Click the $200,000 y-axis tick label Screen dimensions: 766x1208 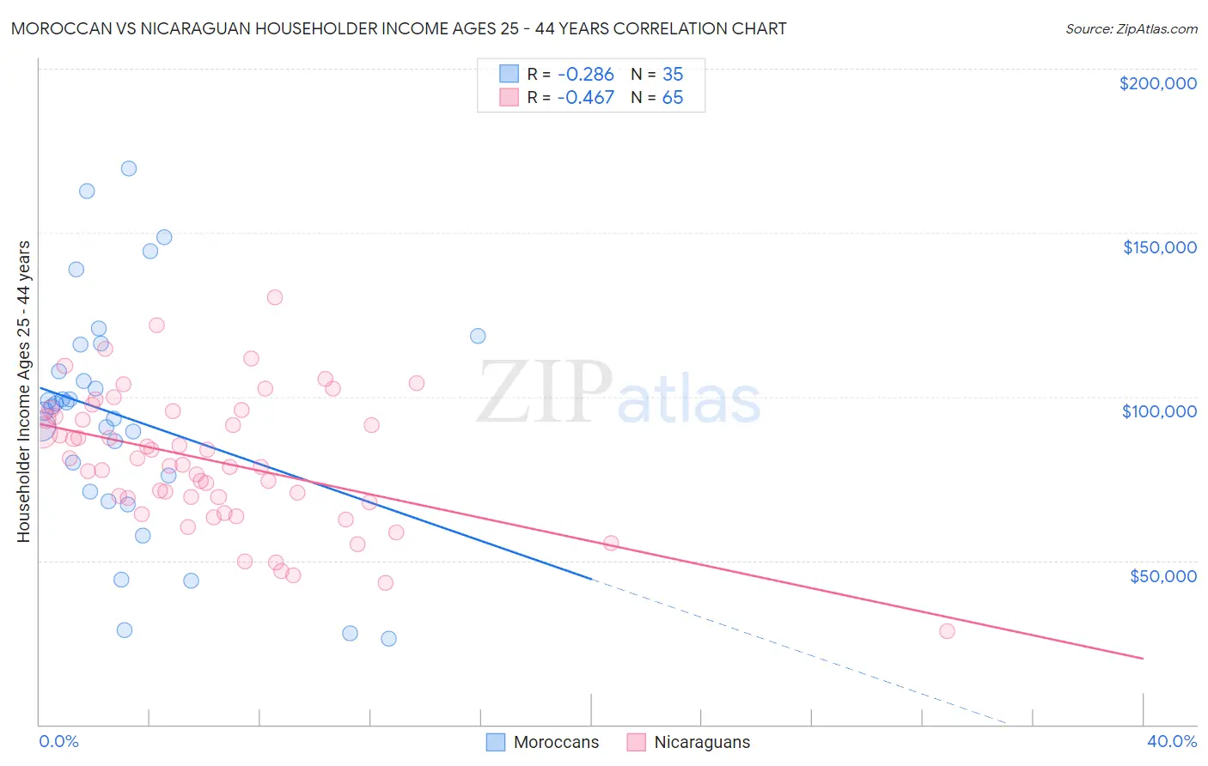point(1157,83)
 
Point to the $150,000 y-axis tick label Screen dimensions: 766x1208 point(1159,247)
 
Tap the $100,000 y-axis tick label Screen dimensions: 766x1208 point(1159,411)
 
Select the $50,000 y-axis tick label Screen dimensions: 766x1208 point(1162,575)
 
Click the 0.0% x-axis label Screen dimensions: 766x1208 point(58,741)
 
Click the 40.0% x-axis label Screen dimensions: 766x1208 point(1171,741)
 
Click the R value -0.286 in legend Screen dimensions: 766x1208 point(585,74)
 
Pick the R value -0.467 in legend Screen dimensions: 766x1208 point(585,97)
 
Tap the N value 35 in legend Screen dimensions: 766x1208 point(673,74)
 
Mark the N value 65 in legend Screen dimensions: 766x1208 point(673,97)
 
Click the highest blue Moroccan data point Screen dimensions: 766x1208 point(129,168)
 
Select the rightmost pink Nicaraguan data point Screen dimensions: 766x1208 point(947,631)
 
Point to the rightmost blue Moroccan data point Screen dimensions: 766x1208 point(478,336)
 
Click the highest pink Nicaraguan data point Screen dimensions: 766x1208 point(275,297)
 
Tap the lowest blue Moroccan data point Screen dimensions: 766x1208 point(388,638)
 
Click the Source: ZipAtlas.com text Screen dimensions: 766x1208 point(1131,28)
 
